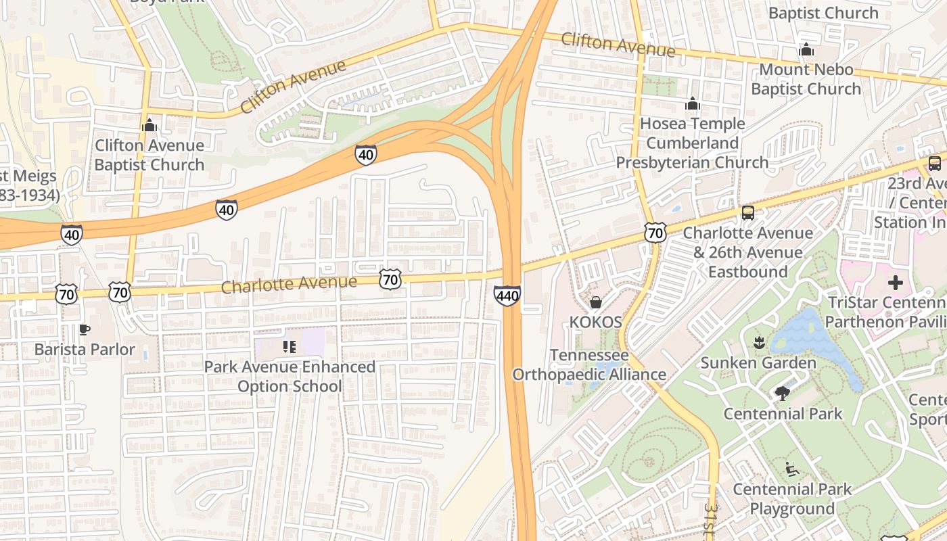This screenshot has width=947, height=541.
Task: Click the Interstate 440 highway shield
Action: pyautogui.click(x=507, y=296)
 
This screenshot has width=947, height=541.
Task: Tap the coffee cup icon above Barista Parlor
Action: pyautogui.click(x=84, y=329)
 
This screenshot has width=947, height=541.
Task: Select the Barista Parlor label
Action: pyautogui.click(x=85, y=350)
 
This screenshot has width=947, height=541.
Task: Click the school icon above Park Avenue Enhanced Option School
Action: pyautogui.click(x=290, y=347)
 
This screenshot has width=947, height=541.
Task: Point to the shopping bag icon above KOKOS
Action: pyautogui.click(x=596, y=302)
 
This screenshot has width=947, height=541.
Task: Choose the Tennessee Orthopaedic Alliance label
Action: pyautogui.click(x=589, y=365)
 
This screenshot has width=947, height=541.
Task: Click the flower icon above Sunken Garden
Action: pyautogui.click(x=758, y=342)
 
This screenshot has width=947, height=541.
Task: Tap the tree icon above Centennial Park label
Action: pyautogui.click(x=783, y=393)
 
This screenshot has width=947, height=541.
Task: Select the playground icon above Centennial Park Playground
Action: pyautogui.click(x=792, y=468)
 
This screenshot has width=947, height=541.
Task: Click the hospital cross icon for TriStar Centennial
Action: pyautogui.click(x=896, y=282)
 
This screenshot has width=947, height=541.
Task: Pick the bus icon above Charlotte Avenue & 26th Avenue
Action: pyautogui.click(x=747, y=212)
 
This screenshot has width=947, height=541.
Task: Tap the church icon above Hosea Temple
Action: pyautogui.click(x=692, y=103)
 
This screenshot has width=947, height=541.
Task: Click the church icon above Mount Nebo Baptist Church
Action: pyautogui.click(x=806, y=49)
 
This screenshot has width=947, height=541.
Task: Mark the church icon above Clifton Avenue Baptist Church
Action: pyautogui.click(x=149, y=125)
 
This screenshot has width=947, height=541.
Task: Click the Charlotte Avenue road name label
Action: pyautogui.click(x=289, y=284)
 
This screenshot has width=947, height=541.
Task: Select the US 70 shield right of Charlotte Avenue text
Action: pyautogui.click(x=390, y=279)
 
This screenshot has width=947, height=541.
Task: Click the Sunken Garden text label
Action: pyautogui.click(x=758, y=362)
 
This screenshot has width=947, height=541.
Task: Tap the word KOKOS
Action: pyautogui.click(x=595, y=322)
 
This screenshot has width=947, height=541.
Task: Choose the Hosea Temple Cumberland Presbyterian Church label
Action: pyautogui.click(x=692, y=143)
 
